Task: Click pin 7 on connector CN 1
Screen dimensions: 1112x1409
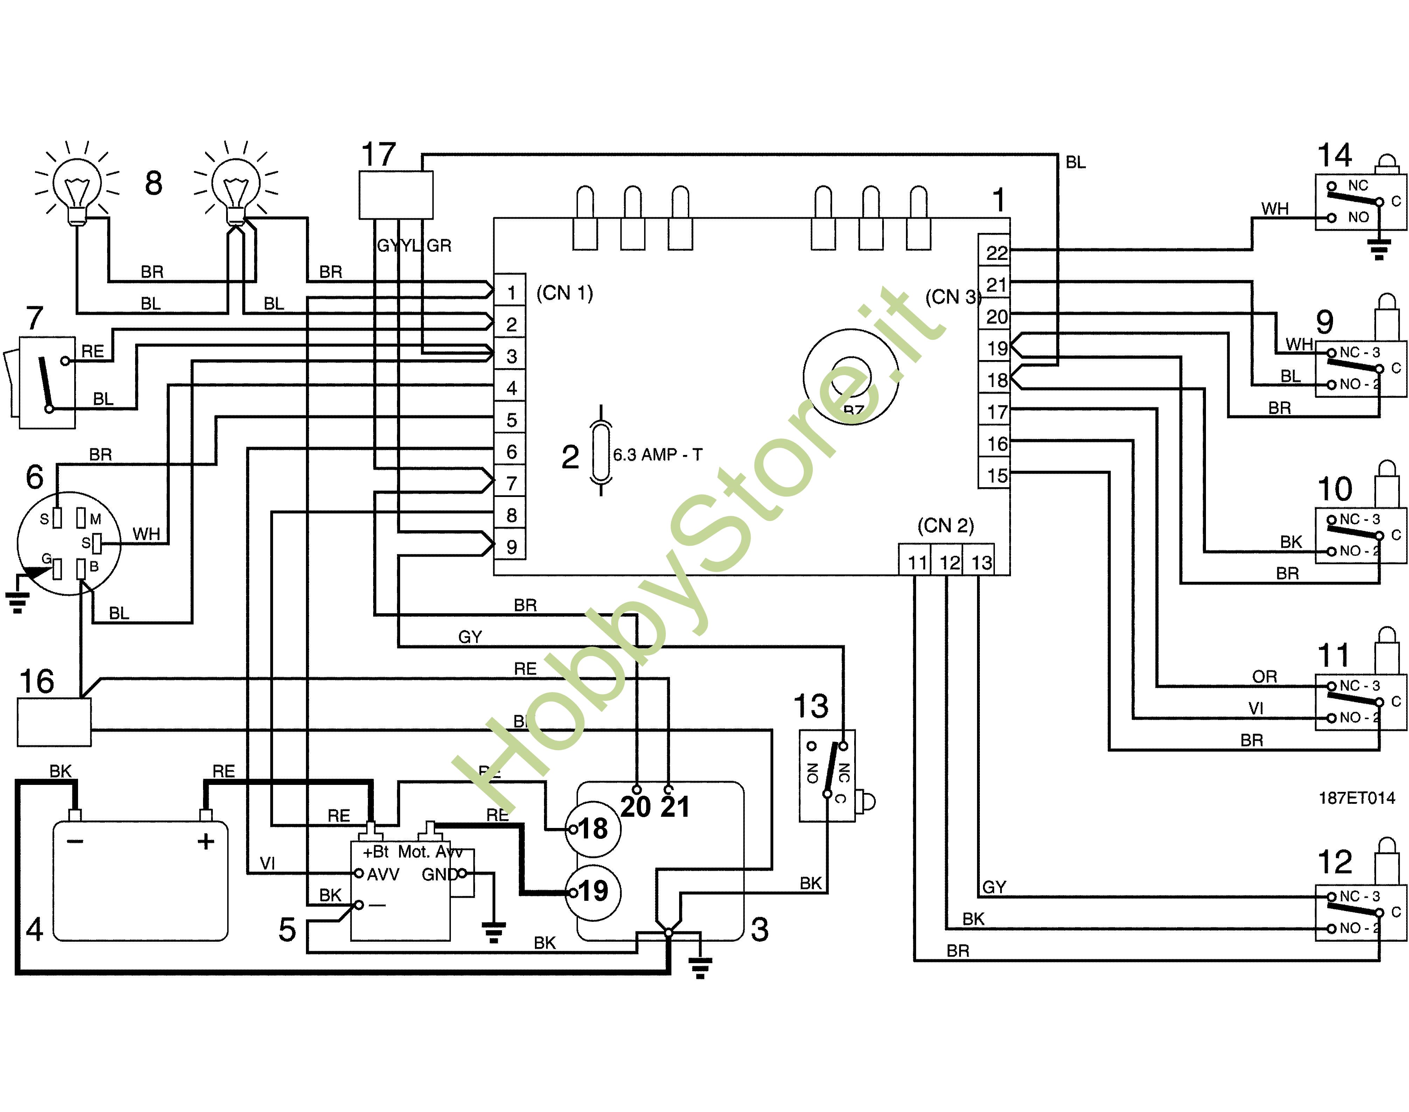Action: point(511,483)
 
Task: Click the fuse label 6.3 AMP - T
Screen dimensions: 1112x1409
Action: point(657,455)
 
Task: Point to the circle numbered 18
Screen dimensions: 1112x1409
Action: point(592,829)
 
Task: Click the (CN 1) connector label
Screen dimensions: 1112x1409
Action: point(564,293)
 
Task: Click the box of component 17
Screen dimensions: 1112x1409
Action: point(396,195)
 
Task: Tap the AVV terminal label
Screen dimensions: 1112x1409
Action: point(383,875)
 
